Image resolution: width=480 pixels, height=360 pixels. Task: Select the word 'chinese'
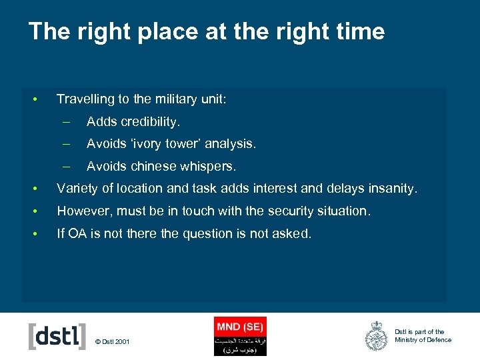[x=155, y=166]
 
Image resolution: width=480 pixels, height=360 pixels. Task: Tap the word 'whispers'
[x=208, y=166]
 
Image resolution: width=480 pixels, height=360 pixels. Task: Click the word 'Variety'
[x=76, y=189]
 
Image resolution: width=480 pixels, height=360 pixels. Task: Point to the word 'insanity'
[x=392, y=189]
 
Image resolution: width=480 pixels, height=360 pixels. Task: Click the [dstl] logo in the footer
[x=57, y=336]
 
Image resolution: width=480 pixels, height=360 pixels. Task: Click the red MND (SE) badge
[x=240, y=336]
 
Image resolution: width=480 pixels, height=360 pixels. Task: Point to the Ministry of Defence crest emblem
[x=377, y=336]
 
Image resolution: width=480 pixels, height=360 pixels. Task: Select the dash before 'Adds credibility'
[x=66, y=122]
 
